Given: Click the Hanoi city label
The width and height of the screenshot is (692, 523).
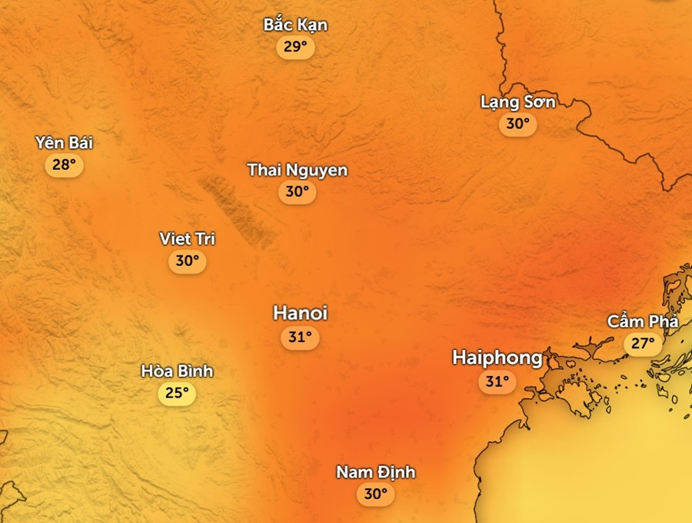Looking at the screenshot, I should [300, 313].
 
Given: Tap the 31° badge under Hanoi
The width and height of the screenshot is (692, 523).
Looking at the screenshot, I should [300, 337].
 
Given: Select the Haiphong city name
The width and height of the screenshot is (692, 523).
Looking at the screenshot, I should [497, 357].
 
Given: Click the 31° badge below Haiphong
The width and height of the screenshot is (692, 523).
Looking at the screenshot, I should [497, 381].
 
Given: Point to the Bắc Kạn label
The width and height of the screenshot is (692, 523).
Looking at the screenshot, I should [295, 25].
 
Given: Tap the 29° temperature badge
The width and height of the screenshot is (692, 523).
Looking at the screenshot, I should [295, 47].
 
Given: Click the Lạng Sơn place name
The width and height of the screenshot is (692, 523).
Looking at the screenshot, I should [517, 102].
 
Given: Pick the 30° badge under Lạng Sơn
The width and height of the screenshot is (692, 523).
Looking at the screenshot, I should [517, 123].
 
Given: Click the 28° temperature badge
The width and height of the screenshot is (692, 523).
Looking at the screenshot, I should [64, 165].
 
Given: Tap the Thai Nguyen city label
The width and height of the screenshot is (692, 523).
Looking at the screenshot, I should [297, 170].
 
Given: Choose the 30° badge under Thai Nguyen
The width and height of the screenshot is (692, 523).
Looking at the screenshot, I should [297, 192].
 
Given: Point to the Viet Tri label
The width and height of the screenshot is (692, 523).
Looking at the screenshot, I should [187, 238].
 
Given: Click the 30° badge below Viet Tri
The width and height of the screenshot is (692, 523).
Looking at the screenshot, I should [187, 261].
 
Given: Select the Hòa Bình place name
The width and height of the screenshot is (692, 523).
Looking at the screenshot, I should [177, 371].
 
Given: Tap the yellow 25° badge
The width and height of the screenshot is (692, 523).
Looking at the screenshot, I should [177, 394].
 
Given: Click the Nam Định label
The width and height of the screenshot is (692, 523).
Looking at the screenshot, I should [375, 471].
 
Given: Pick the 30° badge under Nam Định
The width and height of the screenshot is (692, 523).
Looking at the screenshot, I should [375, 494].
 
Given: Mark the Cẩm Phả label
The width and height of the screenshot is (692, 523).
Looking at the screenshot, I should [643, 321].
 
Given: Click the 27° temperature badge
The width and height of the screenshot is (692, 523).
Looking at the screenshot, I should [643, 343].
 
